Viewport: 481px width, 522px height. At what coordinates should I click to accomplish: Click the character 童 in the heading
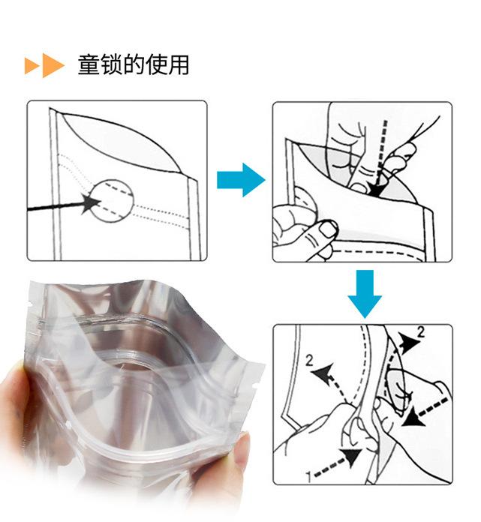pyautogui.click(x=89, y=64)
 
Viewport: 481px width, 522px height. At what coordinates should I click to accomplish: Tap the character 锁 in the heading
pyautogui.click(x=112, y=64)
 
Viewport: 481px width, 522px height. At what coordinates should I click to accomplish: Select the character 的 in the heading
pyautogui.click(x=134, y=64)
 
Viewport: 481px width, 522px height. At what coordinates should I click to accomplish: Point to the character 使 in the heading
pyautogui.click(x=156, y=64)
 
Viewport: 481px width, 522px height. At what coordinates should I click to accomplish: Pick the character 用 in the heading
pyautogui.click(x=179, y=64)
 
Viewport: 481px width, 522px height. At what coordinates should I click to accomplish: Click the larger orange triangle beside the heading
pyautogui.click(x=52, y=65)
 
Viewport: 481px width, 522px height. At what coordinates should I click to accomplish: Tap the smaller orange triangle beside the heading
pyautogui.click(x=31, y=65)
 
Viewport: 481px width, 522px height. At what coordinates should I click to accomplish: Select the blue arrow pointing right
pyautogui.click(x=241, y=180)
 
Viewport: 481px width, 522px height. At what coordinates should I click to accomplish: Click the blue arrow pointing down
pyautogui.click(x=365, y=294)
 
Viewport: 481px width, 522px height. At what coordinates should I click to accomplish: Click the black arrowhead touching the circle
pyautogui.click(x=91, y=203)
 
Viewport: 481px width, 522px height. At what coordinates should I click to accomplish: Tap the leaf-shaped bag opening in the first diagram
pyautogui.click(x=122, y=142)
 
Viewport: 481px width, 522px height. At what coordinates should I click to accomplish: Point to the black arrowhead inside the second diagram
pyautogui.click(x=375, y=189)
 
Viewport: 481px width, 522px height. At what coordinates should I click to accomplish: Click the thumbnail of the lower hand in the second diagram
pyautogui.click(x=327, y=229)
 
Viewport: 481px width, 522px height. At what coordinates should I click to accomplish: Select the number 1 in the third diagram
pyautogui.click(x=309, y=477)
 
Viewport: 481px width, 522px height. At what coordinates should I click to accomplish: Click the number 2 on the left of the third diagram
pyautogui.click(x=310, y=361)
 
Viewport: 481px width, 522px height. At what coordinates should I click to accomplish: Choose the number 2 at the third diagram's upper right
pyautogui.click(x=422, y=332)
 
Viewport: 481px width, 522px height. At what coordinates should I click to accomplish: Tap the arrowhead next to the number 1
pyautogui.click(x=352, y=457)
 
